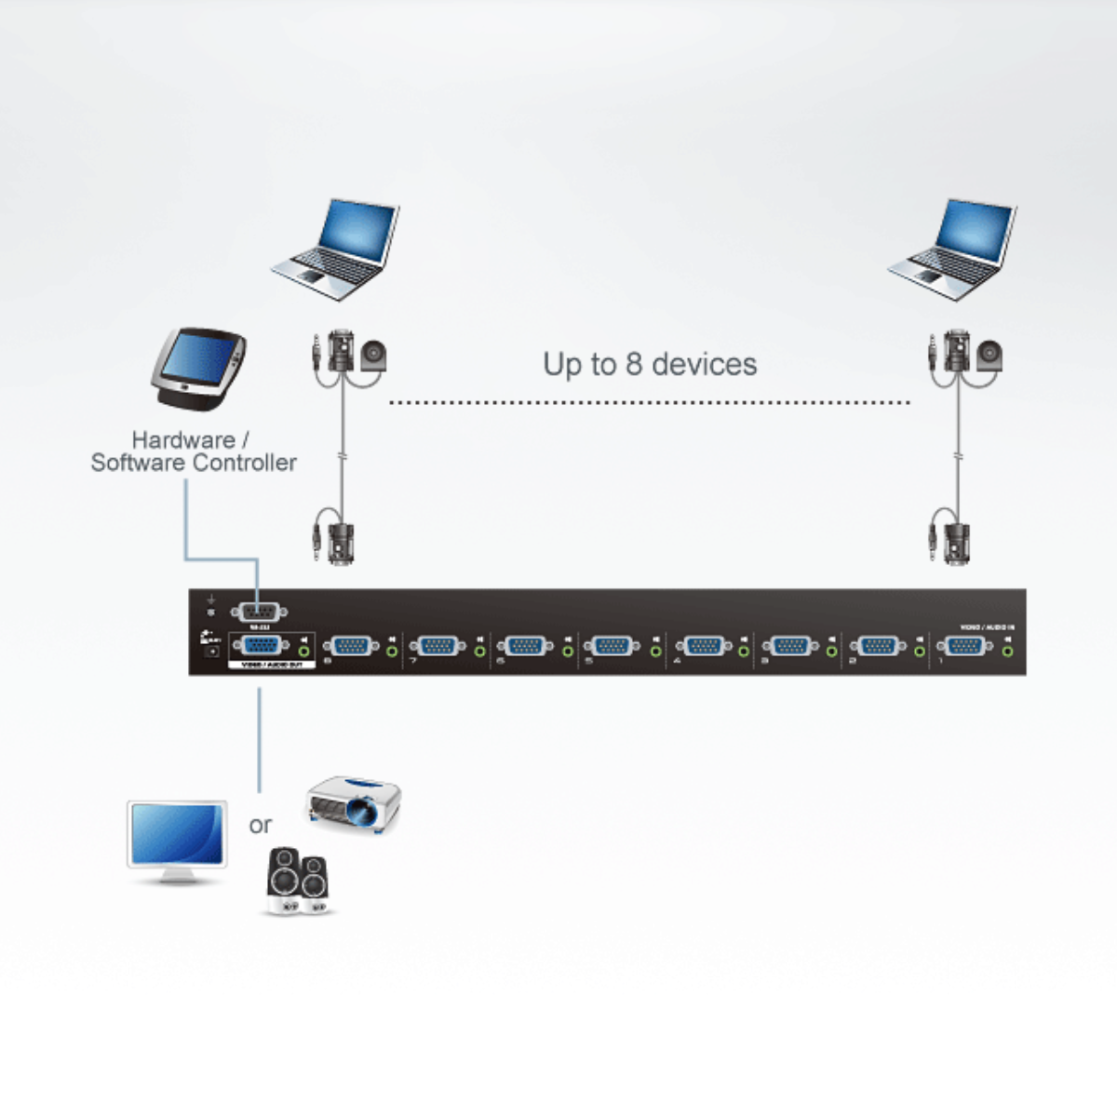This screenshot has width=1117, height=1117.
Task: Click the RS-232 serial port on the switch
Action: point(258,612)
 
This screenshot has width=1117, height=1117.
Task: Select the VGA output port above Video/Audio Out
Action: point(259,645)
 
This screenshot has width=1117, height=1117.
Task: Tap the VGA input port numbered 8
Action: point(351,645)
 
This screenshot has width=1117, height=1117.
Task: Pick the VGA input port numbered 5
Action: point(612,645)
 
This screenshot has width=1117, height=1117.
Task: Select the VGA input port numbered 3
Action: point(790,645)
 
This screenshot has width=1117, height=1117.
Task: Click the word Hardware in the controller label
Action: point(182,439)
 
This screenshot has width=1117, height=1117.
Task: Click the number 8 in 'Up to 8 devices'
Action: point(634,364)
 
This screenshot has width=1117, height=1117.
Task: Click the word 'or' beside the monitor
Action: point(261,825)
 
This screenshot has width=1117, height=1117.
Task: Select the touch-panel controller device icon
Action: point(197,368)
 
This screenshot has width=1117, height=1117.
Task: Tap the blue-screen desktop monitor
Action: point(177,841)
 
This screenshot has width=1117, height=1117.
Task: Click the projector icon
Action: point(355,802)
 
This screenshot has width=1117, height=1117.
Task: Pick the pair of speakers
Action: point(297,881)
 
